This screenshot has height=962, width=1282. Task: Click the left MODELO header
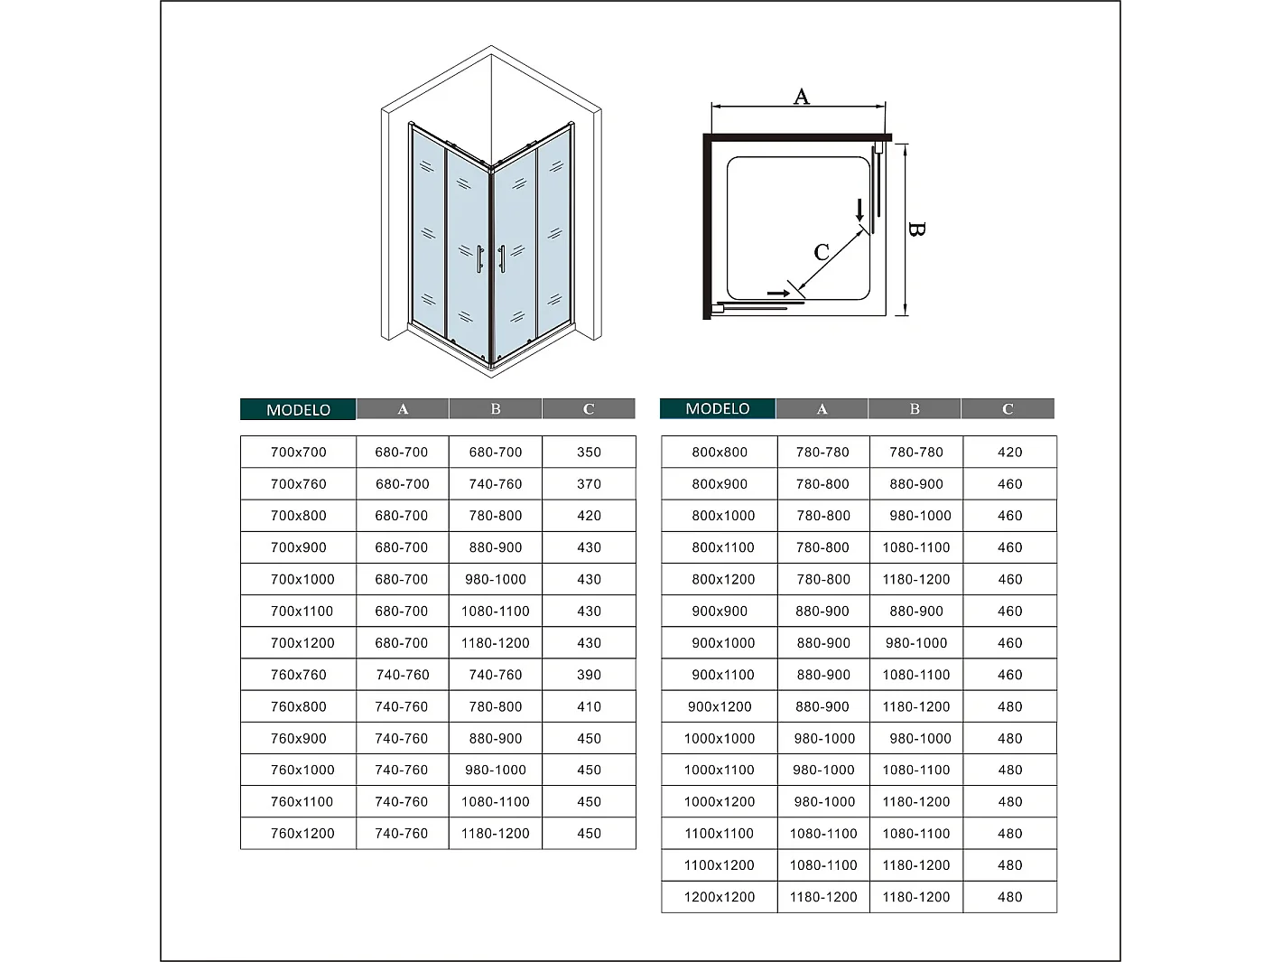pyautogui.click(x=298, y=410)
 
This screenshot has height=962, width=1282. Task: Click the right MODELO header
pyautogui.click(x=718, y=409)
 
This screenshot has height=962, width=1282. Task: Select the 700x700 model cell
pyautogui.click(x=299, y=453)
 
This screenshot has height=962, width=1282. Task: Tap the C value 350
pyautogui.click(x=589, y=453)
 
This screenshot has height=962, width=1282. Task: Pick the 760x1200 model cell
pyautogui.click(x=302, y=834)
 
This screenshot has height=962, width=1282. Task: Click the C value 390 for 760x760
pyautogui.click(x=589, y=675)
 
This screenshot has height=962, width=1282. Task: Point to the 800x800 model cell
pyautogui.click(x=720, y=453)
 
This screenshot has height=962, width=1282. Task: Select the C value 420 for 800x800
pyautogui.click(x=1009, y=453)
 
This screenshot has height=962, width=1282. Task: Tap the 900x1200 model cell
pyautogui.click(x=720, y=707)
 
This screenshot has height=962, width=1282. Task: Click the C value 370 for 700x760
pyautogui.click(x=589, y=484)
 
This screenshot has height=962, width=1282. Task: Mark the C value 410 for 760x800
pyautogui.click(x=589, y=707)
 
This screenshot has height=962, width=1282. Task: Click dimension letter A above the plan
pyautogui.click(x=801, y=97)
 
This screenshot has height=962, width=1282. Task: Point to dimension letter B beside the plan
pyautogui.click(x=915, y=229)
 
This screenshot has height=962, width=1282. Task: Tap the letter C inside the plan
pyautogui.click(x=822, y=252)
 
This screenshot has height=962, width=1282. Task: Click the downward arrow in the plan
pyautogui.click(x=859, y=210)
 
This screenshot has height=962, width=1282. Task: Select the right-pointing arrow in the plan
pyautogui.click(x=778, y=294)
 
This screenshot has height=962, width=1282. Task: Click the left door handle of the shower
pyautogui.click(x=480, y=258)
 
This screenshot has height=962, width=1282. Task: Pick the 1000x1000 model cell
pyautogui.click(x=720, y=739)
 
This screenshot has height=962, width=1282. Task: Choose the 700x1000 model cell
pyautogui.click(x=302, y=580)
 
